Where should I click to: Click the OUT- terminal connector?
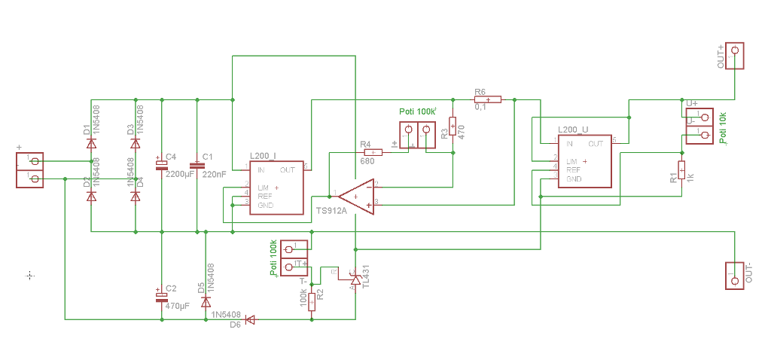pyautogui.click(x=734, y=275)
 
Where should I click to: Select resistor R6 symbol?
pyautogui.click(x=488, y=99)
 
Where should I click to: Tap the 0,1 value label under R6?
pyautogui.click(x=480, y=108)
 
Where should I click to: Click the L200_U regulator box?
pyautogui.click(x=584, y=160)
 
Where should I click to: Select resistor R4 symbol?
pyautogui.click(x=371, y=152)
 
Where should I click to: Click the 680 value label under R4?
pyautogui.click(x=367, y=161)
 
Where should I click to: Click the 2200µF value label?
pyautogui.click(x=179, y=175)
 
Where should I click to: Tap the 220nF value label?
pyautogui.click(x=214, y=175)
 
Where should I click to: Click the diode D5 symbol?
pyautogui.click(x=206, y=301)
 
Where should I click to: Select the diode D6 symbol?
pyautogui.click(x=250, y=319)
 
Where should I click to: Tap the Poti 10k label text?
pyautogui.click(x=724, y=127)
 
